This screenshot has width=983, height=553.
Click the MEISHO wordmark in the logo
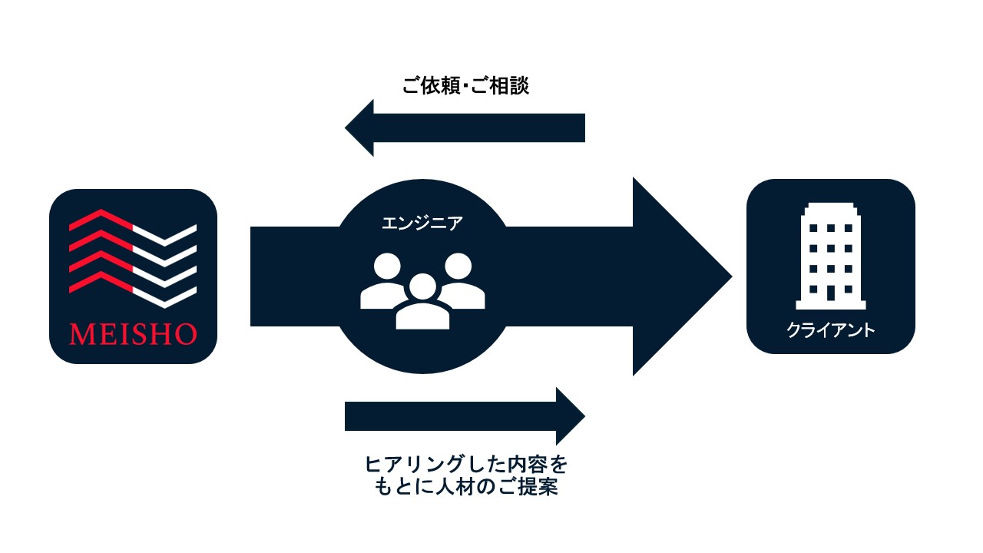[133, 334]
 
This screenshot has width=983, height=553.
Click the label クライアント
[830, 331]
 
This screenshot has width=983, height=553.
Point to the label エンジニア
[422, 224]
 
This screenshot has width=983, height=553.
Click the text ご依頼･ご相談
[465, 86]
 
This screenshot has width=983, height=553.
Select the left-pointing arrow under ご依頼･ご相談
[465, 127]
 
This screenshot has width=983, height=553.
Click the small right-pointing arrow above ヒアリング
[465, 416]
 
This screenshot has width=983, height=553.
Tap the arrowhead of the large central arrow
[680, 277]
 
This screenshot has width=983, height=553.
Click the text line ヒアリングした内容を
[465, 465]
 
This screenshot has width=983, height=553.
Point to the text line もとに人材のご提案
[465, 488]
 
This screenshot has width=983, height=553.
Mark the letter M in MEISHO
[80, 334]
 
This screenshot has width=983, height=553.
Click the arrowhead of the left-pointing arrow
[360, 127]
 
